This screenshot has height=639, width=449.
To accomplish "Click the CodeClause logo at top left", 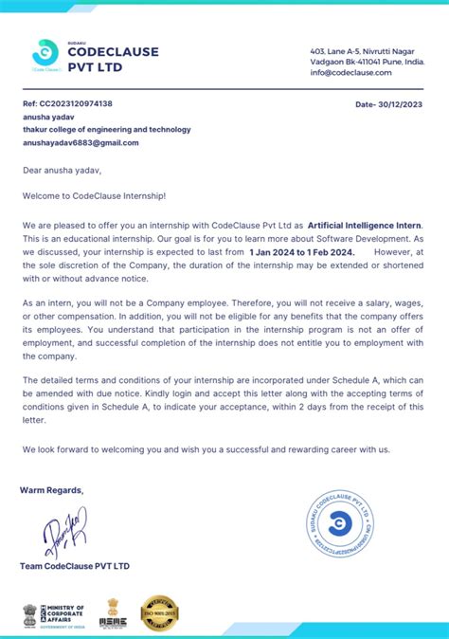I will click(45, 54).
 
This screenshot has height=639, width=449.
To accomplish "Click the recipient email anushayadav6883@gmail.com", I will click(81, 142).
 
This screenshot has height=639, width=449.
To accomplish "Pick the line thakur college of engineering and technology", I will click(106, 129).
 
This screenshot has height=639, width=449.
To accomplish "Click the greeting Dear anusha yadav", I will click(62, 171).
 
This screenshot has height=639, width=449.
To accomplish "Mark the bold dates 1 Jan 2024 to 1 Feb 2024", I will click(300, 253).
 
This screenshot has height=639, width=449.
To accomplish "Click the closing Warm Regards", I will click(51, 490).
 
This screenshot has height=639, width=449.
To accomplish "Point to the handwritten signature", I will click(64, 526).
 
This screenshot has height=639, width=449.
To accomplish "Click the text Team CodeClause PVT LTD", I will click(74, 566).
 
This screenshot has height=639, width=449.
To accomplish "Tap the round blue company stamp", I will click(338, 524).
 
